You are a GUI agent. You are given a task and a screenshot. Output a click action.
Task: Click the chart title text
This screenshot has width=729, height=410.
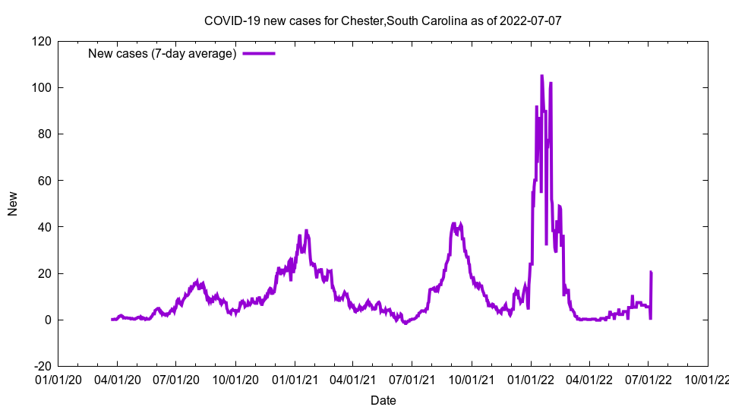click(x=383, y=20)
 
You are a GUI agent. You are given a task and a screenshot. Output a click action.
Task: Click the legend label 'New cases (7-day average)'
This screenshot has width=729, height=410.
click(x=163, y=53)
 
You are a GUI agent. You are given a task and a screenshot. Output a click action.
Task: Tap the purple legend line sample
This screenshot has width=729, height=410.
click(x=258, y=53)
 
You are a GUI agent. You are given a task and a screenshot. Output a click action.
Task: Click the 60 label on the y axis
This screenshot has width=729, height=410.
click(x=44, y=181)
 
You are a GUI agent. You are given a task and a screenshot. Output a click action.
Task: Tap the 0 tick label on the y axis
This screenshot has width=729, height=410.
click(x=47, y=320)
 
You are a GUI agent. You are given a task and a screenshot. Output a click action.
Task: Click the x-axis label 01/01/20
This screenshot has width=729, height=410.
click(x=58, y=378)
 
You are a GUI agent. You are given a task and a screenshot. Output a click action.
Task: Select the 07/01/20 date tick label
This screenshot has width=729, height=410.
click(x=176, y=378)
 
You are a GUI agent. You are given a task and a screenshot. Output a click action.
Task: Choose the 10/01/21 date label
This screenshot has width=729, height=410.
click(x=472, y=378)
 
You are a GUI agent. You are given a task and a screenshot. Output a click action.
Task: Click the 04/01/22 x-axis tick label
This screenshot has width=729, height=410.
click(x=589, y=378)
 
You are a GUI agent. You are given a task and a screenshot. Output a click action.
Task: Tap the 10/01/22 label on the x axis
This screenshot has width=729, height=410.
click(x=707, y=378)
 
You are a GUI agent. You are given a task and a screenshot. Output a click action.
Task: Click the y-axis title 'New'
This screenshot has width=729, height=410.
click(x=13, y=203)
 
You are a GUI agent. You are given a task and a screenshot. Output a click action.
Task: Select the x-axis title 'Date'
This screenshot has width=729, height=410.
click(x=383, y=400)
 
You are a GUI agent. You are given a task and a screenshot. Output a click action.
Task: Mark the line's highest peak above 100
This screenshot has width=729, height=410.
click(x=541, y=76)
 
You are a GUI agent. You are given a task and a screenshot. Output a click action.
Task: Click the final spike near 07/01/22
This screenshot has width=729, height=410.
click(x=651, y=272)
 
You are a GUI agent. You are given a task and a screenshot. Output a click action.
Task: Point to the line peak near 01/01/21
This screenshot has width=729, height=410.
click(x=306, y=231)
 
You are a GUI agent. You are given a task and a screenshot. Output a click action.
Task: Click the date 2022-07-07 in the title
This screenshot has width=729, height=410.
click(x=530, y=20)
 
